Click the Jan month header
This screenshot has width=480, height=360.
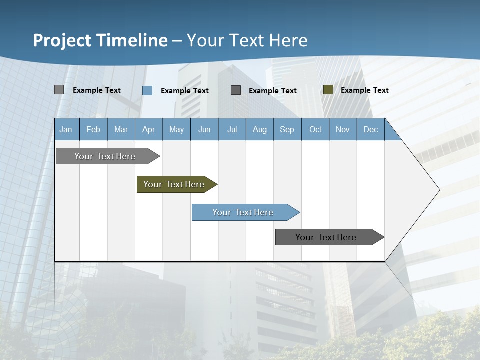[x=66, y=129]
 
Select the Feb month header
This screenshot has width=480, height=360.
[x=93, y=129]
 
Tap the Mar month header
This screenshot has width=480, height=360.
[x=121, y=129]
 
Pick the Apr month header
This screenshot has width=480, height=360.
[x=149, y=129]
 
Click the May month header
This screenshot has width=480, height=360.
[x=176, y=129]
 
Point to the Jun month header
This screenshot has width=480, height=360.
[x=204, y=129]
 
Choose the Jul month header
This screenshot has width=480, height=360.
[x=232, y=129]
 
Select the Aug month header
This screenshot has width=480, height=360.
[x=260, y=129]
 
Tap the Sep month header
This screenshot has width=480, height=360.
[x=287, y=129]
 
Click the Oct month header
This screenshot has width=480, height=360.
[x=315, y=129]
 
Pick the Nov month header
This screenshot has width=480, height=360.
[x=343, y=129]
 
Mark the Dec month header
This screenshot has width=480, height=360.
[x=371, y=129]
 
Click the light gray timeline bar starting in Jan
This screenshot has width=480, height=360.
[x=105, y=156]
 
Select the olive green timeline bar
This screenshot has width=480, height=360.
[x=174, y=184]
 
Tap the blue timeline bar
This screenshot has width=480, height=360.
[x=243, y=212]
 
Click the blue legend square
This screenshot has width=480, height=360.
[x=147, y=90]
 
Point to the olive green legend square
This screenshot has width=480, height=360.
[x=328, y=90]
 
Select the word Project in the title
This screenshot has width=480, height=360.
[x=62, y=40]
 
